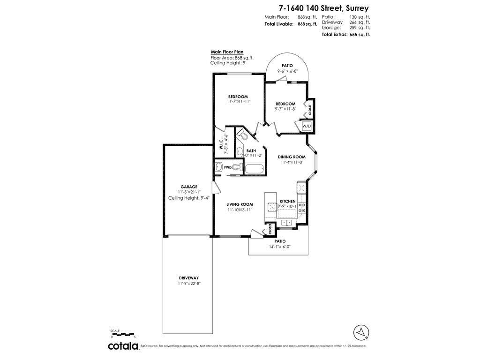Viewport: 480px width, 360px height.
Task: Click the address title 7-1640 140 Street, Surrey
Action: point(323,8)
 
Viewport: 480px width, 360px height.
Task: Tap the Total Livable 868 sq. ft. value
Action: point(307,24)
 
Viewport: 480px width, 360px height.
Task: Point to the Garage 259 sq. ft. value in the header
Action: point(360,28)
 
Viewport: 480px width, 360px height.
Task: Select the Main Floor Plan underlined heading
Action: point(227,52)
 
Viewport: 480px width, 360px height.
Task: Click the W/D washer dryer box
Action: point(306,127)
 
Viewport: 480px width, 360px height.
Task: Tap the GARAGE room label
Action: point(189,187)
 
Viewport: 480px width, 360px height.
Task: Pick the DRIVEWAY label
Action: point(189,278)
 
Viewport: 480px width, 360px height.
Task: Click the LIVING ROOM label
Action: point(240,204)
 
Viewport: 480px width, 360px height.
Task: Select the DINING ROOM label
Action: point(292,157)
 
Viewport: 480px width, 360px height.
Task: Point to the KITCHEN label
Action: point(287,201)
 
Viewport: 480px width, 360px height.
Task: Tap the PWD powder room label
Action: point(227,167)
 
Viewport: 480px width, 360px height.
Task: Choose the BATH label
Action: point(251,151)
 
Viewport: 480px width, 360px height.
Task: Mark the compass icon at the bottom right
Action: point(361,332)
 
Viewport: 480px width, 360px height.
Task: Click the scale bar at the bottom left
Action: point(122,334)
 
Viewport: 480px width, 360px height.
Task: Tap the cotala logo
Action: point(123,346)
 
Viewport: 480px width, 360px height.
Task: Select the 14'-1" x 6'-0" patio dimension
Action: point(280,247)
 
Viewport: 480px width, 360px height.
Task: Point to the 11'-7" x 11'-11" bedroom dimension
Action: point(238,101)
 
